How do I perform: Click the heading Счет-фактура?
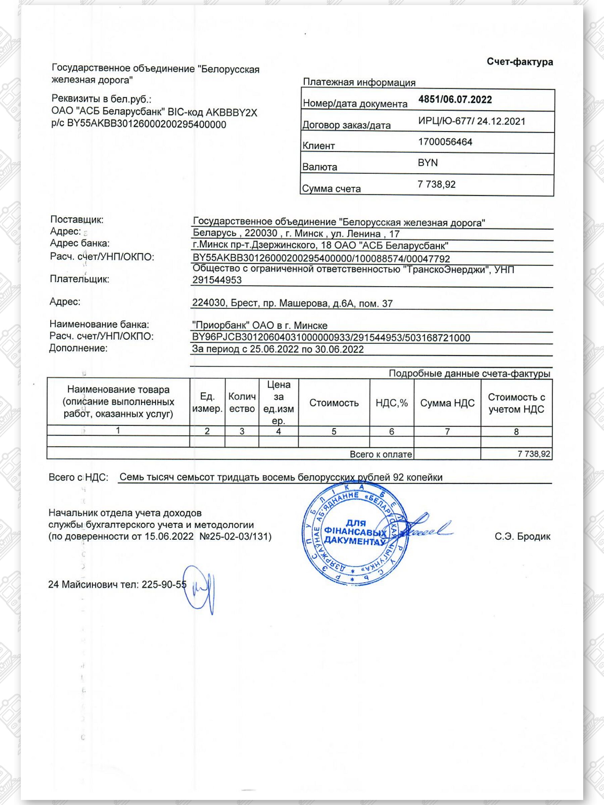coord(519,62)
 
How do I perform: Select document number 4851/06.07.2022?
coord(455,100)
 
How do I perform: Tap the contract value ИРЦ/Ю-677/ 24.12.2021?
coord(471,121)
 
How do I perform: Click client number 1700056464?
coord(445,142)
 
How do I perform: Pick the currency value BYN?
coord(428,163)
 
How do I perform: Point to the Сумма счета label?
coord(331,189)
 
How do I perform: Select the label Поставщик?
coord(77,219)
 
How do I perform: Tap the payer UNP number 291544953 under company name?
coord(217,280)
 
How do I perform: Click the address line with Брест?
coord(292,303)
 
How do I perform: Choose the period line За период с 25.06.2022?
coord(278,350)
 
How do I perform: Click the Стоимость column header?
coord(334,403)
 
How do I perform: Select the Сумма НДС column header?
coord(447,403)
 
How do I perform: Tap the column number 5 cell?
coord(334,432)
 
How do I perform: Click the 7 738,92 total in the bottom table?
coord(534,454)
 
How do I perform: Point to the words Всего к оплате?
coord(381,454)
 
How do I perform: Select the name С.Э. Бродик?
coord(522,536)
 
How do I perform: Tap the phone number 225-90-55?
coord(164,584)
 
